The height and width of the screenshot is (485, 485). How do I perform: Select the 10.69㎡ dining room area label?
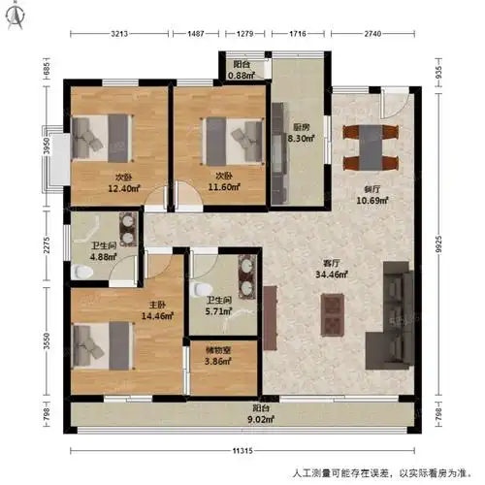point(373,195)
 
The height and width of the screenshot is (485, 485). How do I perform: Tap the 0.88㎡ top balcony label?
point(241,71)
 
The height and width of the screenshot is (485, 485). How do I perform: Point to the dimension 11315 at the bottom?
point(243,449)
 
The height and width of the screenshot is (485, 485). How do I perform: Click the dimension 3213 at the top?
point(120,33)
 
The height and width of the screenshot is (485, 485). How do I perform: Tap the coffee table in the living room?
point(331,315)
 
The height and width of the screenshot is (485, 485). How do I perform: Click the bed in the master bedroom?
point(101,343)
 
